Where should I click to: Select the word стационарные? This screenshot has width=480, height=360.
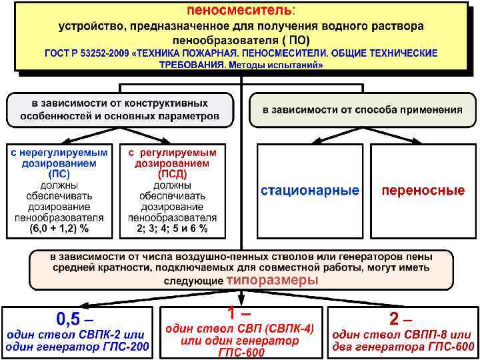tap(309, 191)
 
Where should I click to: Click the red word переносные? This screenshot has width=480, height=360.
tap(423, 191)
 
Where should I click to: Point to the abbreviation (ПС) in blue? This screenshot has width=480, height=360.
tap(59, 173)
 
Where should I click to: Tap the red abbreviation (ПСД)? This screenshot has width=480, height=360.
tap(172, 173)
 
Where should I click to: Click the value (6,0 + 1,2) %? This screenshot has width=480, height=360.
tap(59, 228)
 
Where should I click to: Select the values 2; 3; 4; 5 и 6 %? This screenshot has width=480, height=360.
tap(172, 228)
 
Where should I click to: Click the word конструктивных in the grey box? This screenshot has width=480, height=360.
tap(167, 103)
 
